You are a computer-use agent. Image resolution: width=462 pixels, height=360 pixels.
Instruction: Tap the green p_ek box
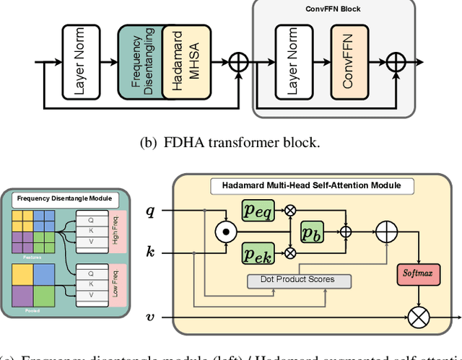coord(258,253)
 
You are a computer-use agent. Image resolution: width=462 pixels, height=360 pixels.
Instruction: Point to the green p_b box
coord(313,232)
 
